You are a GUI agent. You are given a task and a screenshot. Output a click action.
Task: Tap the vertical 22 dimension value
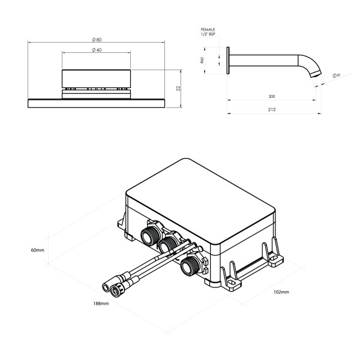click(179, 88)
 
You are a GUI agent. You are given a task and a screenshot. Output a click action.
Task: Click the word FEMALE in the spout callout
click(209, 29)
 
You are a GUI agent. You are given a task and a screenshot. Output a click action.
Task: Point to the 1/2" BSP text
click(209, 34)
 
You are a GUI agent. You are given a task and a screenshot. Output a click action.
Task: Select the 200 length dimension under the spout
click(273, 95)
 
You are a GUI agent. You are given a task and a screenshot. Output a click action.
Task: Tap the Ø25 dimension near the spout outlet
click(337, 76)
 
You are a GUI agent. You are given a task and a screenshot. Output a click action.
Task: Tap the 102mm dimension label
click(281, 292)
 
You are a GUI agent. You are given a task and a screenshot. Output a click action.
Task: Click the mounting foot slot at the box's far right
click(275, 260)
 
